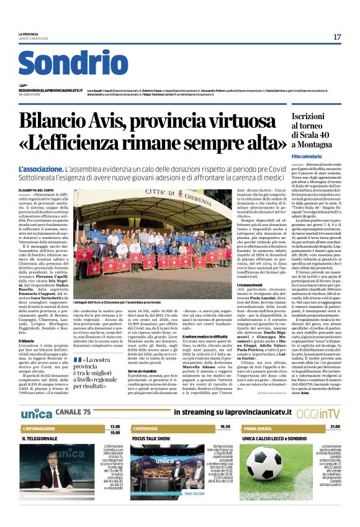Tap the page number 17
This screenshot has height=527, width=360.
coord(336,37)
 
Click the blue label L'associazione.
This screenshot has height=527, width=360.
coord(38,169)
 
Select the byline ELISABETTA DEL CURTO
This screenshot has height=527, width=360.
coord(37,191)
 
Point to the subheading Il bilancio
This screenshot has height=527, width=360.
coord(26,341)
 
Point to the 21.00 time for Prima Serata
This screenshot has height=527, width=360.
coord(335,427)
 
